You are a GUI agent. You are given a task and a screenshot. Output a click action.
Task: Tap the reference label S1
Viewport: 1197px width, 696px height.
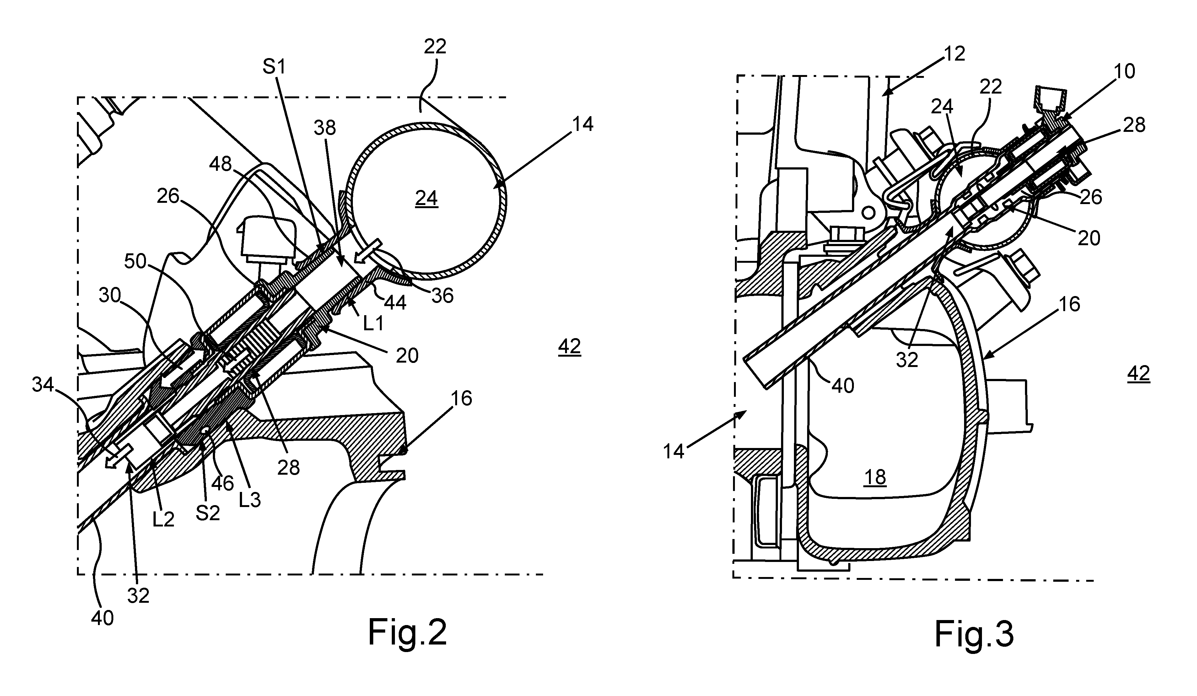[275, 67]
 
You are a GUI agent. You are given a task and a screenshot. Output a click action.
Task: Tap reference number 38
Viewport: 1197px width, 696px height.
[325, 127]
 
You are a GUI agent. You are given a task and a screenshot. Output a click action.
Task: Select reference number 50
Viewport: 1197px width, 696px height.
[135, 261]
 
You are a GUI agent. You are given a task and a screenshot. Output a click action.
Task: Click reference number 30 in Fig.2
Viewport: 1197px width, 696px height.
[110, 295]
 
